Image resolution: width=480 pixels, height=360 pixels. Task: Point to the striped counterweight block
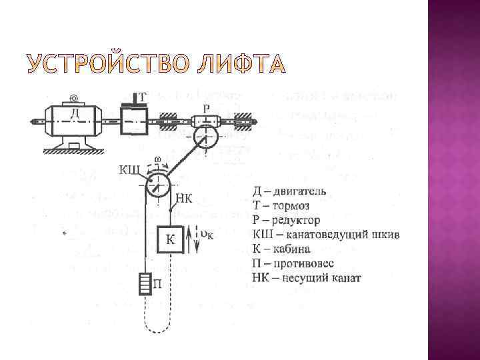click(145, 284)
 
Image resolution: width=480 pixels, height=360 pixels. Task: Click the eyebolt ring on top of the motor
click(73, 99)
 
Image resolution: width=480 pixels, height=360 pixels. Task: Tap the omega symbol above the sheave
click(156, 159)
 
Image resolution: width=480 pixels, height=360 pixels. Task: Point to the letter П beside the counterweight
click(158, 285)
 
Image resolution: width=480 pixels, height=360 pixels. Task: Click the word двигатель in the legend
click(299, 192)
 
